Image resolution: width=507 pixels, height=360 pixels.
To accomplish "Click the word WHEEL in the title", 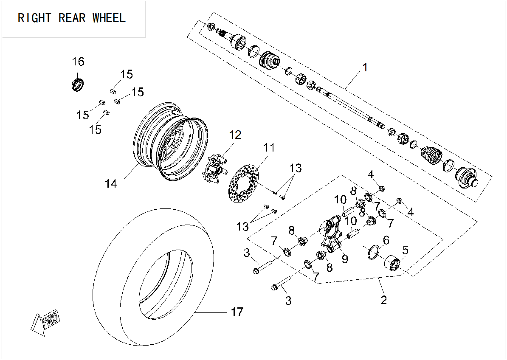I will point(109,18).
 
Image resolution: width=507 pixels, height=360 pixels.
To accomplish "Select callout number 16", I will point(78,62).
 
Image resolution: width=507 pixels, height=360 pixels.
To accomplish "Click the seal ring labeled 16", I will point(78,84).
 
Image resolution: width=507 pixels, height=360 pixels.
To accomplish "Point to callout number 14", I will point(111,183).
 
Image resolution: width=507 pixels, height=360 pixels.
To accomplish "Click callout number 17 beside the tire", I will point(237,312).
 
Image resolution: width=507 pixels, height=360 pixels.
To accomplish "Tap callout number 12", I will point(235,135).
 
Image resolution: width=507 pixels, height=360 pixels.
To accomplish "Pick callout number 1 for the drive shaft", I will point(365,67).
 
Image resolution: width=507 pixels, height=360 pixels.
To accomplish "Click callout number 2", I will point(383,300).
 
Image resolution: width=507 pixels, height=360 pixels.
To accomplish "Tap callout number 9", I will point(344,259).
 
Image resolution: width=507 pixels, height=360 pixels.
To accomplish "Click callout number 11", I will point(268,148).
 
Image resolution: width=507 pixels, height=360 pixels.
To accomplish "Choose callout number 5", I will point(405,250).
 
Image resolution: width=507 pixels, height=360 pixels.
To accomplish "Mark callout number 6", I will point(386,240).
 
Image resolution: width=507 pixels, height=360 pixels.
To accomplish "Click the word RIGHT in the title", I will point(34,18).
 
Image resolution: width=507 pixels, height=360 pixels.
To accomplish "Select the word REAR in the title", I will point(72,18).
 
